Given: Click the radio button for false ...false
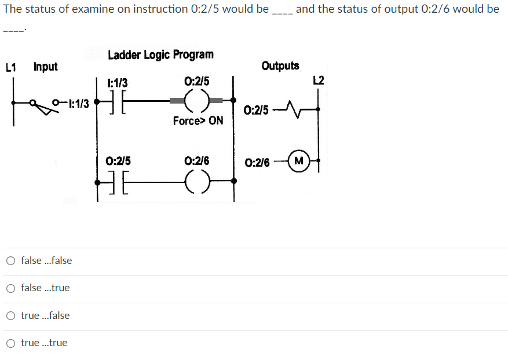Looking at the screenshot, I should (x=11, y=260).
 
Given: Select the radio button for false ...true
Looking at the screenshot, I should (x=11, y=288).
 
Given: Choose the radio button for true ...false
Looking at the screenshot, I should (x=11, y=315).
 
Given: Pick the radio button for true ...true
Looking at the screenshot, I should (x=11, y=343).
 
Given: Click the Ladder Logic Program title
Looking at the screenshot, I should (x=160, y=54).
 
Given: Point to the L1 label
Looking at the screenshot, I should (x=10, y=67).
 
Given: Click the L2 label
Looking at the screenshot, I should (x=318, y=79).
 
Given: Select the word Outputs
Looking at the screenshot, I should (x=280, y=65).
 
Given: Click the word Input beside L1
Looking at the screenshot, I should (x=46, y=67).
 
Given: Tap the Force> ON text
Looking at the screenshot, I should (x=198, y=121).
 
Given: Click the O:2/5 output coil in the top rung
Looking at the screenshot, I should (x=197, y=101).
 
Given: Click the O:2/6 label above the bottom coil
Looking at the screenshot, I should (x=196, y=161).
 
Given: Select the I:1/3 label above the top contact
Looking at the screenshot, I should (x=118, y=83).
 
